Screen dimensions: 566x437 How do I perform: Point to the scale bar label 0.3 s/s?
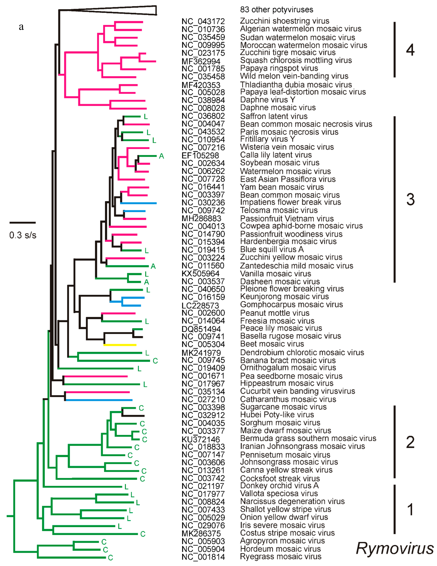pos(23,235)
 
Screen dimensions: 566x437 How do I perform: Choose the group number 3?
pos(410,200)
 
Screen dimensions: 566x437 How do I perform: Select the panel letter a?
pos(21,27)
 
